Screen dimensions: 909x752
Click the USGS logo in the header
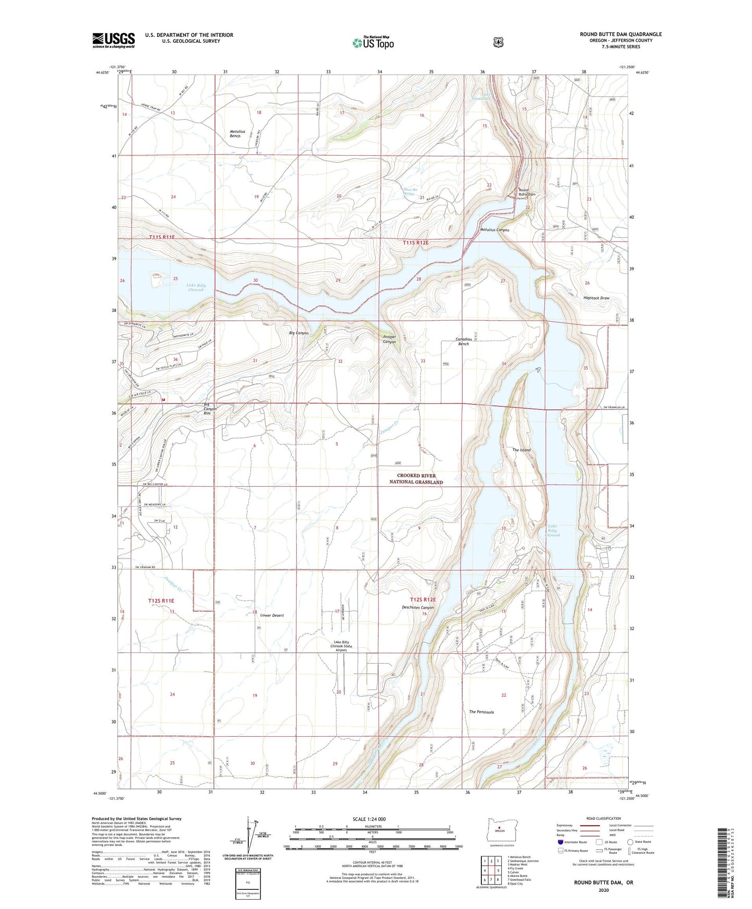point(113,40)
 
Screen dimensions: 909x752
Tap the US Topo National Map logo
point(373,43)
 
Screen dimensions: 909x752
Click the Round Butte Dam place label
point(527,192)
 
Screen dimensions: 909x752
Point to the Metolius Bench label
point(235,134)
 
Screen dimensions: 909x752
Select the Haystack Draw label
point(596,298)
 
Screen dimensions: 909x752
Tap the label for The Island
point(521,450)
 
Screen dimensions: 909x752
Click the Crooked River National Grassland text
point(416,479)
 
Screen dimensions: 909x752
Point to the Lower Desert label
point(272,615)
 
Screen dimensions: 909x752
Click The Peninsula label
point(481,712)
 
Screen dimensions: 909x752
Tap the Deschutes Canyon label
point(417,608)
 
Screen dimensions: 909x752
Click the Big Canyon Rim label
point(210,409)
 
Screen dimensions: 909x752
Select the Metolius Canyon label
point(494,230)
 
